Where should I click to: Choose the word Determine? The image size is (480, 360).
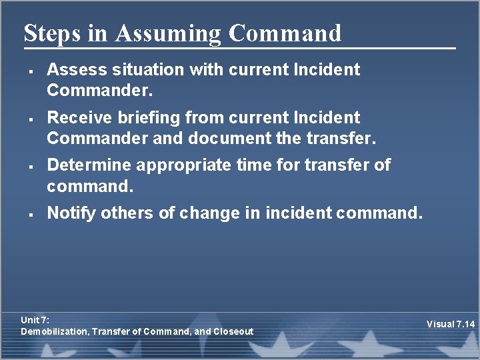tap(86, 165)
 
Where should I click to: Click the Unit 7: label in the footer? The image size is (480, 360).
tap(35, 320)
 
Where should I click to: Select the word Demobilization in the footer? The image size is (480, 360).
tap(55, 331)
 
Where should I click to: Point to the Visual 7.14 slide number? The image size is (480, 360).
tap(450, 325)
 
